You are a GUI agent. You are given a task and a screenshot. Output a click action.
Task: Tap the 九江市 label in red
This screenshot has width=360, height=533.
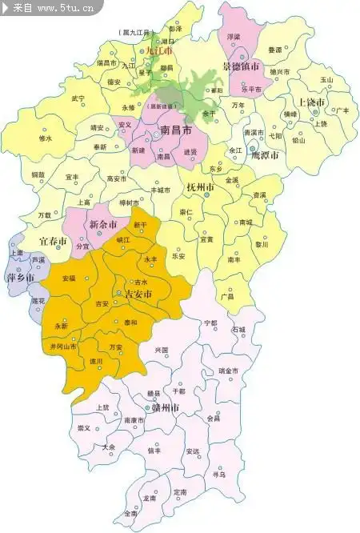click(x=158, y=49)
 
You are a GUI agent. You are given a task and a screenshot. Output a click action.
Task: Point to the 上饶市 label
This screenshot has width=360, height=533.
click(x=310, y=103)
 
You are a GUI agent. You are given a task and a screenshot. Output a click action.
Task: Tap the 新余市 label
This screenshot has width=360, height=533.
click(x=104, y=223)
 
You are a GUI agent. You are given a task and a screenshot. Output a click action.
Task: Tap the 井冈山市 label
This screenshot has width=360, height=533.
click(x=63, y=347)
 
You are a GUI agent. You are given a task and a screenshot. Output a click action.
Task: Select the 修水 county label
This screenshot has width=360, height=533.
click(x=45, y=138)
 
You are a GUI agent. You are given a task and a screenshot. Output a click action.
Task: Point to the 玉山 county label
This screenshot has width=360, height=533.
click(x=326, y=80)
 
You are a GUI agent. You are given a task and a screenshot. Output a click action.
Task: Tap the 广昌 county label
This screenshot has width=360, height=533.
click(x=227, y=296)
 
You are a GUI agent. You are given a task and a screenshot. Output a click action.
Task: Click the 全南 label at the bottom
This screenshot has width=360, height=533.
click(x=130, y=513)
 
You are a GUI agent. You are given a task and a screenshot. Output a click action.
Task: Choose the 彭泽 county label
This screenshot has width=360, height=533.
click(x=175, y=28)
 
